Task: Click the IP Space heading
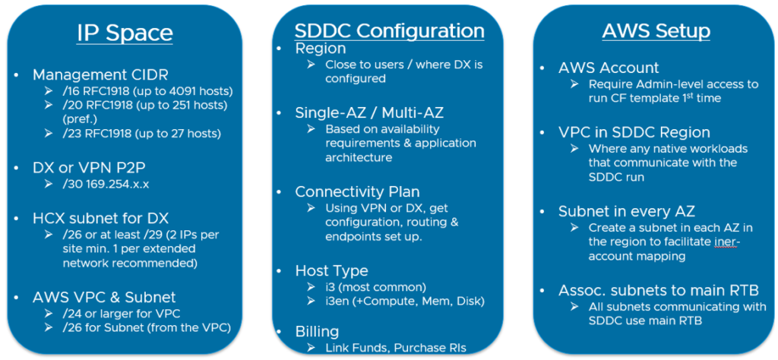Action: pos(125,33)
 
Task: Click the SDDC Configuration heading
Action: pos(390,30)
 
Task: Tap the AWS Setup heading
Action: pos(656,30)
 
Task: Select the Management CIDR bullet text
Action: pos(100,75)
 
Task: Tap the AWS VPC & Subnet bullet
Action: pos(104,297)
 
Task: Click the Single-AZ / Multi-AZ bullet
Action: pos(369,113)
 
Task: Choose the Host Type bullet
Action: pos(331,270)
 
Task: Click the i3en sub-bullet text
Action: pos(404,301)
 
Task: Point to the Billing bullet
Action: pos(317,330)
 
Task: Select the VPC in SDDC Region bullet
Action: pos(634,132)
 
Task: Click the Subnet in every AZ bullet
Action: pos(627,211)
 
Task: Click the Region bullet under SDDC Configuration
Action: pos(320,49)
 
